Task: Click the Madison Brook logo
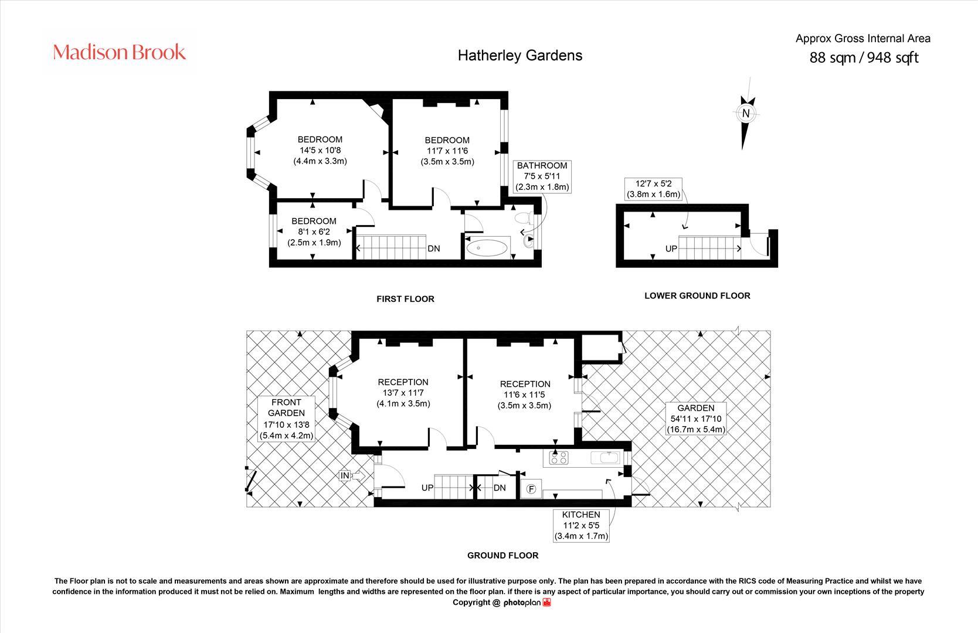coord(120,52)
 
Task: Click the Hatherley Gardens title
coord(519,55)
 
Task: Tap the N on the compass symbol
coord(746,113)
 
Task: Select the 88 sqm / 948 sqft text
coord(863,57)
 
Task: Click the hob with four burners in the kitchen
coord(559,457)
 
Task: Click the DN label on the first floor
coord(433,249)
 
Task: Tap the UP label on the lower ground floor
coord(671,249)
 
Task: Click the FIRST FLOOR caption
coord(405,299)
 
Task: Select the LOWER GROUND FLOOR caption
coord(697,295)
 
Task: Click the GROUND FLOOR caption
coord(502,555)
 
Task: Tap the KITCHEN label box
coord(581,525)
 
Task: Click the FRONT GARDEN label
coord(286,407)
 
